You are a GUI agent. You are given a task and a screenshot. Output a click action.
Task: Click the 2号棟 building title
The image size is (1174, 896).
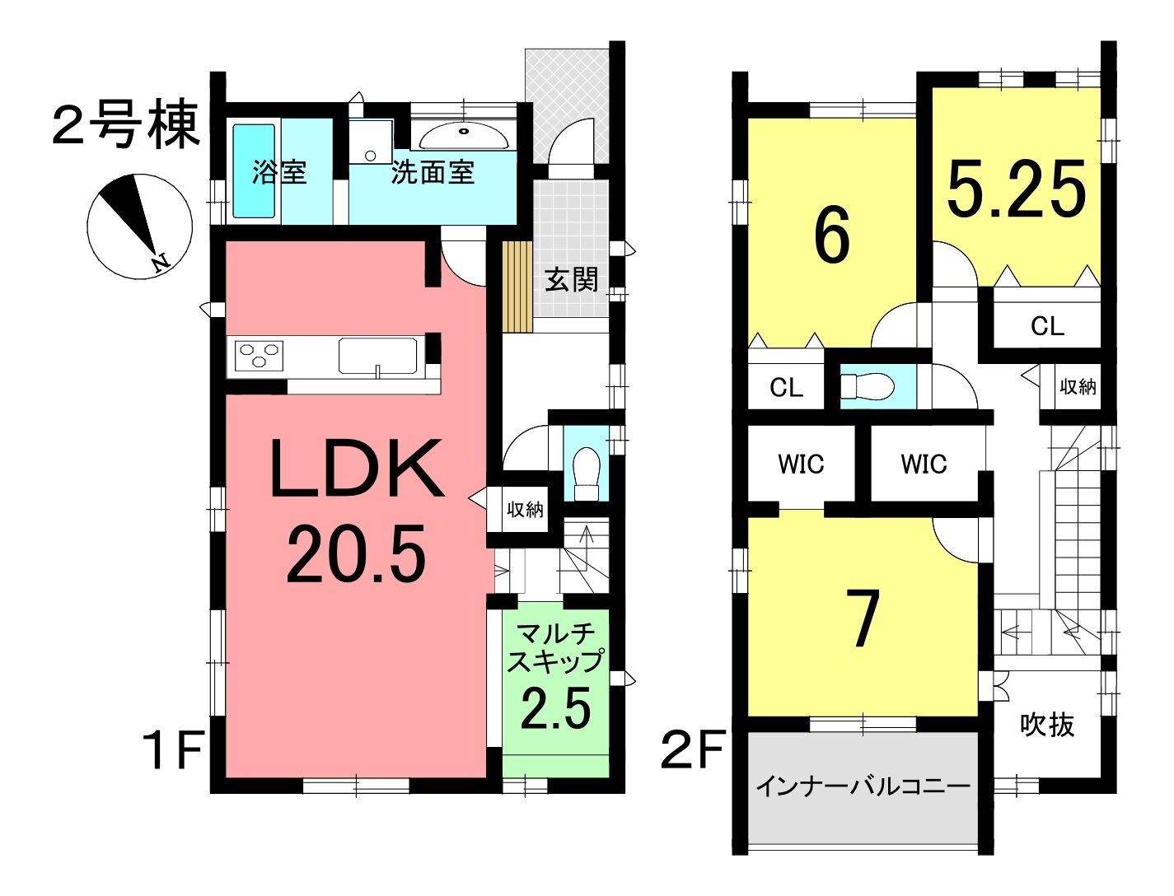[x=126, y=124]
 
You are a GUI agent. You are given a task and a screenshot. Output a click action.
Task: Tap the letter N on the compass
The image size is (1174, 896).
[x=160, y=263]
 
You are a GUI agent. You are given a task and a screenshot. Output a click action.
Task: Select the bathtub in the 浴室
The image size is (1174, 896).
[x=254, y=170]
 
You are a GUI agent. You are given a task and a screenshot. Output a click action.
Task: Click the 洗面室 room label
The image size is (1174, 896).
[x=433, y=173]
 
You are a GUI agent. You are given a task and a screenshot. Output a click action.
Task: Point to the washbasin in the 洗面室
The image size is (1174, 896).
[x=464, y=138]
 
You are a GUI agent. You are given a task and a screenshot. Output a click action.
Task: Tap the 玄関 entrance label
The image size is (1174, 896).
[x=571, y=280]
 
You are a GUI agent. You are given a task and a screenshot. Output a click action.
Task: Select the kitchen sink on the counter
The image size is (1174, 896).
[x=377, y=356]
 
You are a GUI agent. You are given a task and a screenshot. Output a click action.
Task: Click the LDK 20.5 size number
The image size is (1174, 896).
[x=356, y=553]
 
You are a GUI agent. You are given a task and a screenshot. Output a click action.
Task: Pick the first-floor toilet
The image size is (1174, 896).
[x=587, y=474]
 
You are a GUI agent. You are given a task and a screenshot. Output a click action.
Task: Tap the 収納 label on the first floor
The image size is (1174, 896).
[x=525, y=509]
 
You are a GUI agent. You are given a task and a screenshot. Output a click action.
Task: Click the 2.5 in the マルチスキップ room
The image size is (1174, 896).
[x=556, y=708]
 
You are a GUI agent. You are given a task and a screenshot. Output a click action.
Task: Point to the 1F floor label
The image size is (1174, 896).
[x=171, y=750]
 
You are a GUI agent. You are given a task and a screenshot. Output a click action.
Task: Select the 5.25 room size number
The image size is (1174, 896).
[x=1016, y=189]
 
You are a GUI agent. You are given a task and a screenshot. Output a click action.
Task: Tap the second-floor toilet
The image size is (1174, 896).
[x=867, y=386]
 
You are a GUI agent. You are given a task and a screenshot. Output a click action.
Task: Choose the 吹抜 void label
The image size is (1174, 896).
[x=1046, y=726]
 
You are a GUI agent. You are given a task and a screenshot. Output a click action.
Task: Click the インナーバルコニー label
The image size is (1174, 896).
[x=863, y=786]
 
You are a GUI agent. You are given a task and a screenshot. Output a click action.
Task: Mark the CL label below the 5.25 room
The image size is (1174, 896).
[x=1047, y=326]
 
